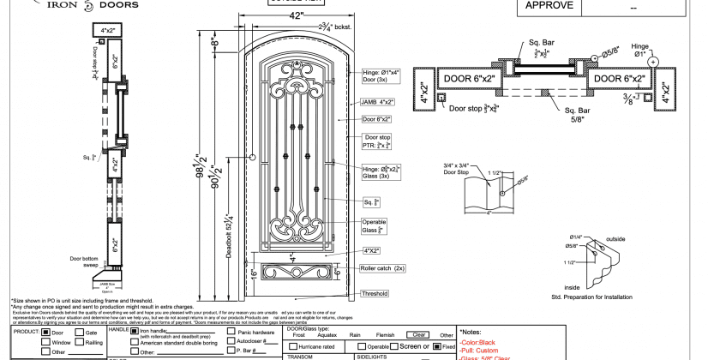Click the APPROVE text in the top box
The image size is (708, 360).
(549, 6)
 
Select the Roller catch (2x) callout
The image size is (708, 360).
(381, 268)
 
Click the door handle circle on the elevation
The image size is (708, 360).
(253, 155)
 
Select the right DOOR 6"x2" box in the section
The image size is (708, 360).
(621, 79)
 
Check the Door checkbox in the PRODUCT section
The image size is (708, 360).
(46, 332)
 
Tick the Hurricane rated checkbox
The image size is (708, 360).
(292, 345)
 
